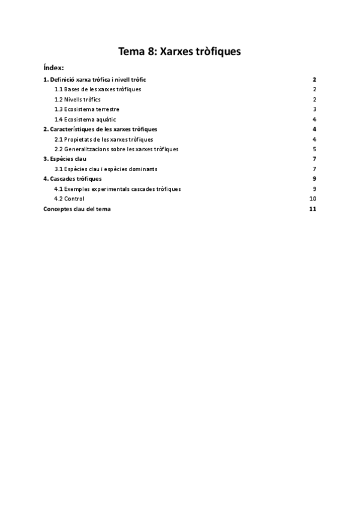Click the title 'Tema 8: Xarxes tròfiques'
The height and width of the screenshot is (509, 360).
click(180, 52)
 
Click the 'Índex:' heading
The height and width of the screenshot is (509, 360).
click(53, 67)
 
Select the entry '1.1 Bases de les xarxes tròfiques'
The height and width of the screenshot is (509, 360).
click(98, 89)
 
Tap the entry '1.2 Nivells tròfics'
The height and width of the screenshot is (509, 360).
click(77, 99)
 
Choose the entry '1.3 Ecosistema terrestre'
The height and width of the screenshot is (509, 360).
click(86, 109)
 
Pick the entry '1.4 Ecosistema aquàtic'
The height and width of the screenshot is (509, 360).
click(85, 119)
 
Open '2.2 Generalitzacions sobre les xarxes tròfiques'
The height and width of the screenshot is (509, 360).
click(116, 149)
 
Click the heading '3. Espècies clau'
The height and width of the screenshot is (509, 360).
click(65, 159)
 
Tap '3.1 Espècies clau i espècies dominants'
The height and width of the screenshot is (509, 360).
click(106, 169)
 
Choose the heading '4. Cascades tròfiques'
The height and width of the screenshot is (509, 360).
click(72, 179)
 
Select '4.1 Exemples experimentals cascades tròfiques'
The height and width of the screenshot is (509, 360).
click(118, 188)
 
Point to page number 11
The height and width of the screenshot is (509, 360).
click(312, 209)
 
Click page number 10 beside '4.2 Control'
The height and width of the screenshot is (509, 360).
click(312, 199)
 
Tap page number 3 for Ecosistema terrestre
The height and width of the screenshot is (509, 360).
click(314, 109)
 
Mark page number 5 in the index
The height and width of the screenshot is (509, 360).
click(314, 149)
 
